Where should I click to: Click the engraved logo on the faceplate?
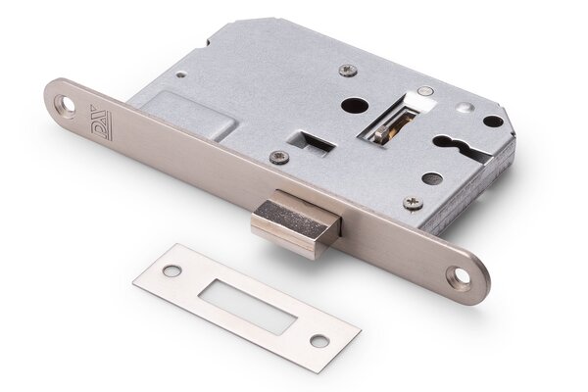click(102, 122)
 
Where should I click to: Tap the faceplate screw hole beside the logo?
click(66, 103)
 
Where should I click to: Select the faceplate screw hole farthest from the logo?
click(459, 276)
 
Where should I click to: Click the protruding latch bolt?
click(295, 224)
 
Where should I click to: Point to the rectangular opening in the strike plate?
click(246, 305)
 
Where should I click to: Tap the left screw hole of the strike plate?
click(172, 271)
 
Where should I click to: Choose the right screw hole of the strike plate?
click(318, 341)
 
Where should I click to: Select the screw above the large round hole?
click(348, 71)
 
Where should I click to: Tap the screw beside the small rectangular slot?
click(280, 157)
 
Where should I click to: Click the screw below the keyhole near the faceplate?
click(414, 203)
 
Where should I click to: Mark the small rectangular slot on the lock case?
click(312, 142)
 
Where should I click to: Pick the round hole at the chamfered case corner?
click(493, 122)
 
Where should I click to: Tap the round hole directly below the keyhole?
click(432, 179)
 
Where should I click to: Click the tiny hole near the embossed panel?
click(180, 75)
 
